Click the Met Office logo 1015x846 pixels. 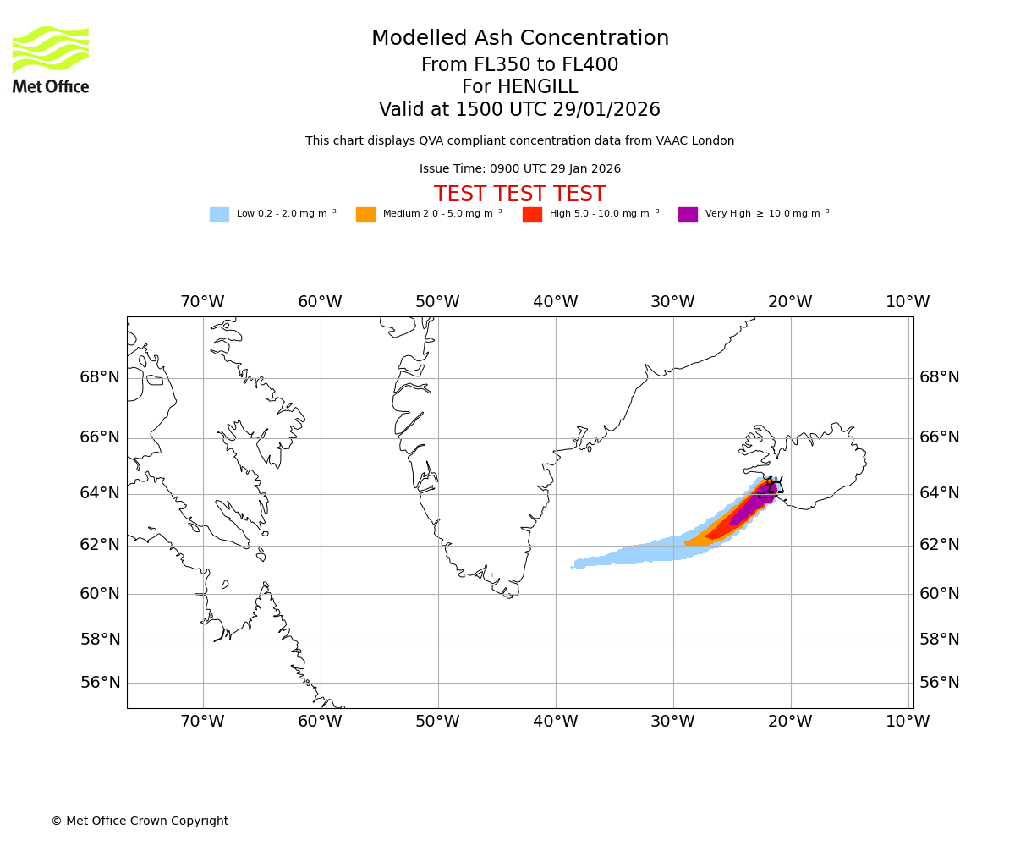point(51,59)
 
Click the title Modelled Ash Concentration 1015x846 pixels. point(520,39)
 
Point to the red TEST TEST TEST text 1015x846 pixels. point(519,194)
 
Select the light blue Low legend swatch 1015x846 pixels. point(219,215)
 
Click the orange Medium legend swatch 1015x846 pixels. point(365,215)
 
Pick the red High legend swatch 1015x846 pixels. point(532,215)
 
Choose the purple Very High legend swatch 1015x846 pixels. point(688,215)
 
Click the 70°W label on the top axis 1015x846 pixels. point(202,302)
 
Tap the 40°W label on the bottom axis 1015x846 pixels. point(556,722)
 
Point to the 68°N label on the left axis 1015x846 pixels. point(100,377)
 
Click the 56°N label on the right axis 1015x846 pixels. point(939,683)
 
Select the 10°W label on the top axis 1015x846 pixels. point(908,302)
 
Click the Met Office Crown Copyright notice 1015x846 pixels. point(140,821)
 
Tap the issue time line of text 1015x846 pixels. point(519,169)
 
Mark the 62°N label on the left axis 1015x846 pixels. point(100,545)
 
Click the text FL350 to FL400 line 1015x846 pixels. point(519,65)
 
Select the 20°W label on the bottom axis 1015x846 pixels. point(790,722)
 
